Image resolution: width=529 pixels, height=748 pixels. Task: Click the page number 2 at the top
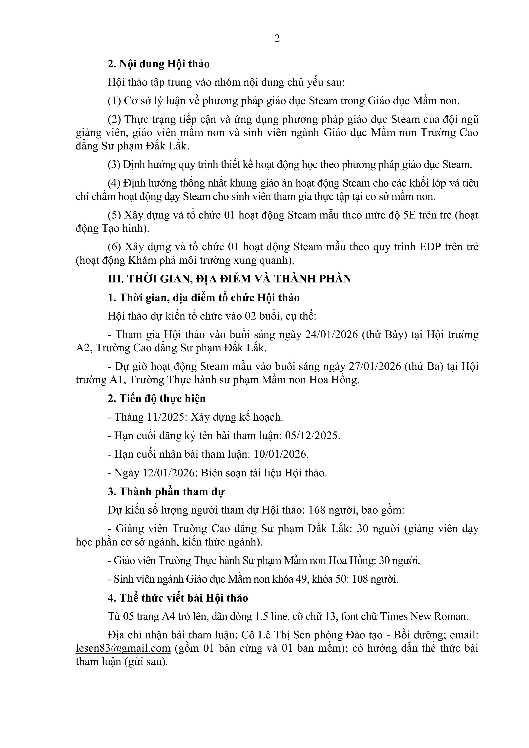point(277,38)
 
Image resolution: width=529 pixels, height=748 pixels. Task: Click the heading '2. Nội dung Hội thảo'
point(159,64)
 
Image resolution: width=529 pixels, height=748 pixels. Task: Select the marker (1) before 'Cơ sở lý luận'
point(114,101)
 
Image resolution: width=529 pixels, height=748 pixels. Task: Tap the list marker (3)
point(114,165)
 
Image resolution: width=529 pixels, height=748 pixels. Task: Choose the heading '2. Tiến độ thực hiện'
point(157,399)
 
